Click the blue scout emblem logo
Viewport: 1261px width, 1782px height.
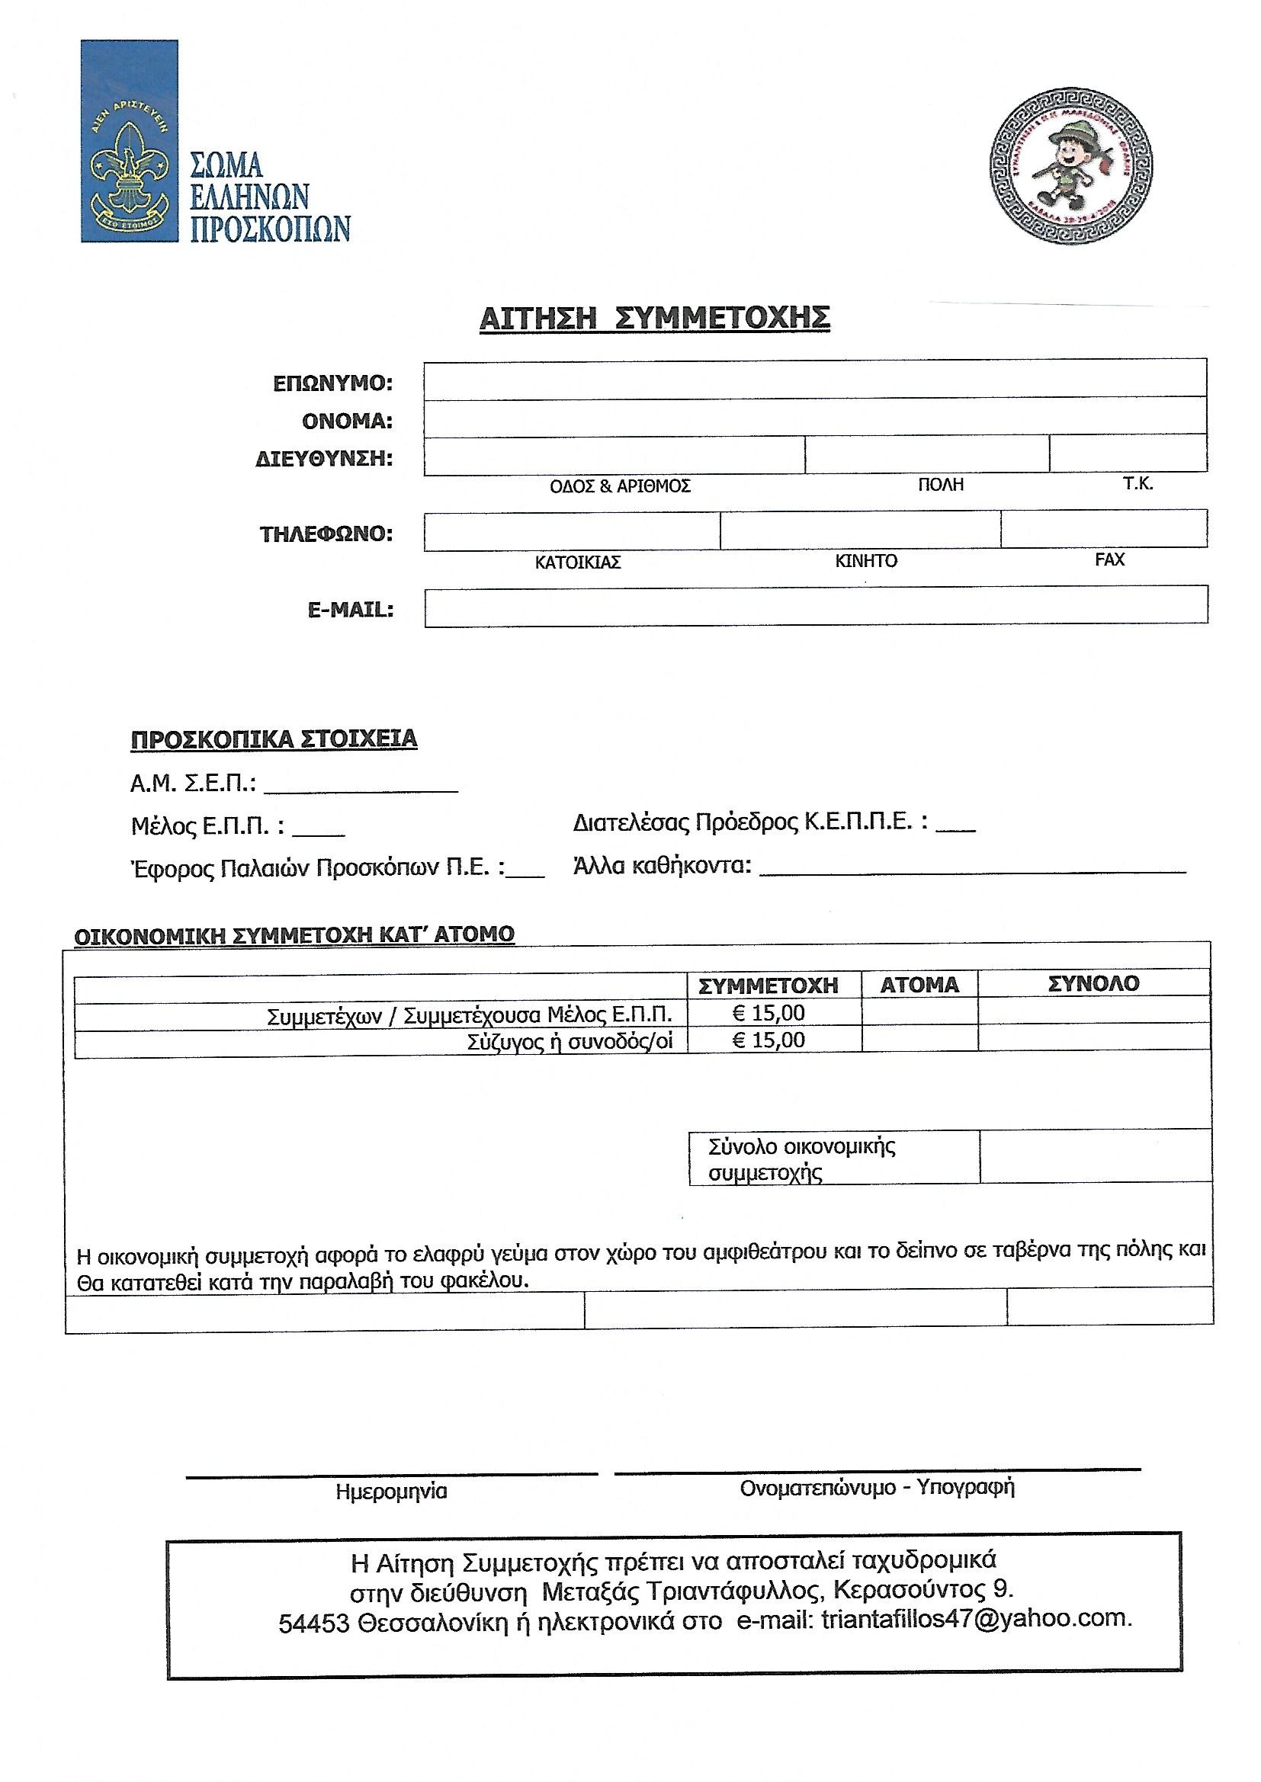[x=129, y=141]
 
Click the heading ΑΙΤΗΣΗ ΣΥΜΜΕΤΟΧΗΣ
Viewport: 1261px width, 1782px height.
[x=655, y=319]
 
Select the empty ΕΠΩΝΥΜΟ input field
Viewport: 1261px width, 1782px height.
[x=814, y=380]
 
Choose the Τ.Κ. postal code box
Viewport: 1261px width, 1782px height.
[x=1128, y=454]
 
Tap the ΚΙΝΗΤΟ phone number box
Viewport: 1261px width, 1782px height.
[x=859, y=530]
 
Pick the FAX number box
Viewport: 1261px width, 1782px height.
[x=1103, y=528]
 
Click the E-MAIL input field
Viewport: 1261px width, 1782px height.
[x=815, y=604]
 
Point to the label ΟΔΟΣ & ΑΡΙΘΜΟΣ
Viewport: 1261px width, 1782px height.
[x=620, y=486]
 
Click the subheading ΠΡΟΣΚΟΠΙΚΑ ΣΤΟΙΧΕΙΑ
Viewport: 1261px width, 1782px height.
[x=274, y=739]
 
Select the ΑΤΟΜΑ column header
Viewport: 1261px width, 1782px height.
[x=919, y=986]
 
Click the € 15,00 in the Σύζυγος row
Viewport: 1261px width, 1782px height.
[x=768, y=1040]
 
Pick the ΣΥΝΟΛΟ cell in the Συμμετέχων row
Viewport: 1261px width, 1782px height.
[x=1093, y=1014]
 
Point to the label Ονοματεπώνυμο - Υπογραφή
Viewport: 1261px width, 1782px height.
[x=878, y=1488]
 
